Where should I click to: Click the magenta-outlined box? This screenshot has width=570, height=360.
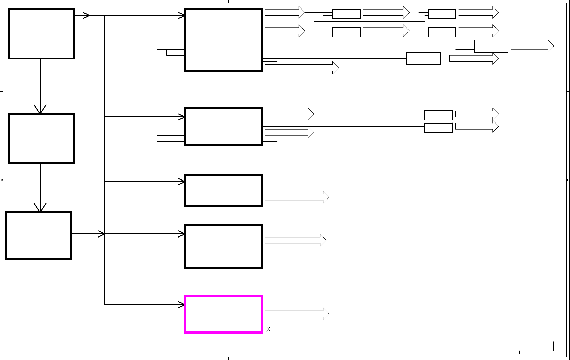223,314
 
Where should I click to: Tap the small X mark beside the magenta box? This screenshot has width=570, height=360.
268,329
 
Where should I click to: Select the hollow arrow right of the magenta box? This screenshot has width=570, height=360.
297,314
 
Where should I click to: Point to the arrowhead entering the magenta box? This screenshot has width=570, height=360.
182,305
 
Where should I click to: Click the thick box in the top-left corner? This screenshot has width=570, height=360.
41,34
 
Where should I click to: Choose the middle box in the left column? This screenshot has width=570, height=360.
41,138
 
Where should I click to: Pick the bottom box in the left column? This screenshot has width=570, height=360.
39,235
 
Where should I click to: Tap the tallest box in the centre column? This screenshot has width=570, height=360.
223,40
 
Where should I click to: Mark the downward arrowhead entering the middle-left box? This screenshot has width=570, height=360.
40,109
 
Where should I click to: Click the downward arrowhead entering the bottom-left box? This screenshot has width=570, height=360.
40,208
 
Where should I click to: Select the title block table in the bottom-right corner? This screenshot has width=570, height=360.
512,339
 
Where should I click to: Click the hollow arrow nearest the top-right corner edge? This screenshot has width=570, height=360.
532,46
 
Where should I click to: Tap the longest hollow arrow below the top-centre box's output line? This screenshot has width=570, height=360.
301,68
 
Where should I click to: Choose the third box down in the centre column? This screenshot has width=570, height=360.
223,191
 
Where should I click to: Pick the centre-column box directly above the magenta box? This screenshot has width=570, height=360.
223,246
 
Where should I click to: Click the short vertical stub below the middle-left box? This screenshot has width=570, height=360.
28,174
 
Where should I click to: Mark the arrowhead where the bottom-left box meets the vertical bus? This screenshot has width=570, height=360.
101,234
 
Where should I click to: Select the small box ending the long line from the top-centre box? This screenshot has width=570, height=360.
423,58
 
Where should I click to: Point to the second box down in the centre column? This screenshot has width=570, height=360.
223,126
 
